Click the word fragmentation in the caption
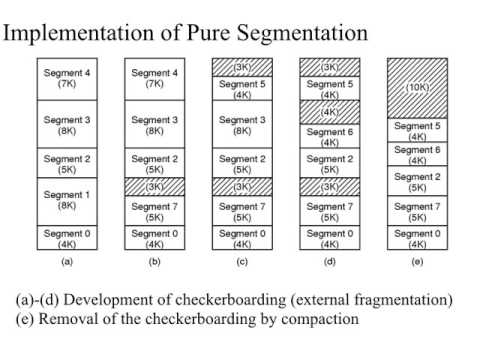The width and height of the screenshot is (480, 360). pos(402,300)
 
